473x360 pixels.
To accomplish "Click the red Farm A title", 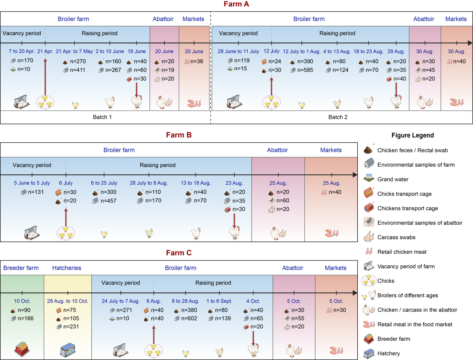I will coord(236,4).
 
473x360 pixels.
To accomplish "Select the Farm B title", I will coord(179,135).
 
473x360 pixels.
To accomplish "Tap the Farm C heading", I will coord(179,253).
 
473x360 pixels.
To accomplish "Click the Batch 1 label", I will coord(102,117).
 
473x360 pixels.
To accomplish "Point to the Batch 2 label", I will coord(338,117).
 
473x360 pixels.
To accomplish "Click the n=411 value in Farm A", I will coord(78,70).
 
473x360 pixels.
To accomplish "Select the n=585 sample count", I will coord(305,70).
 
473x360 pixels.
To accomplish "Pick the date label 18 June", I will coord(137,51).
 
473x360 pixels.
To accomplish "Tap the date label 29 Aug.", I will coord(396,51).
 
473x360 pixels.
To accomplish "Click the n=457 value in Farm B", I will coord(108,201).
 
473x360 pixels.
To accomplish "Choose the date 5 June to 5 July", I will coord(32,183).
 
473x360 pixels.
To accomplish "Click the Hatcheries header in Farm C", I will coord(66,268).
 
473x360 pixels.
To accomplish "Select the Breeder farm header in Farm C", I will coord(21,268).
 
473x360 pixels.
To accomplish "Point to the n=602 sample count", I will coord(189,319).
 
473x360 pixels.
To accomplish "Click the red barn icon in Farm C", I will coord(22,349).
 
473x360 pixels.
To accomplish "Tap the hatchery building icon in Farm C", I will coord(68,350).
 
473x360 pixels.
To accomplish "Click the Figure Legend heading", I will coord(413,135).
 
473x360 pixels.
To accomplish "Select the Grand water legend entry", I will coord(393,179).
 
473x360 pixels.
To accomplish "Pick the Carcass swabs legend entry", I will coord(396,237).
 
